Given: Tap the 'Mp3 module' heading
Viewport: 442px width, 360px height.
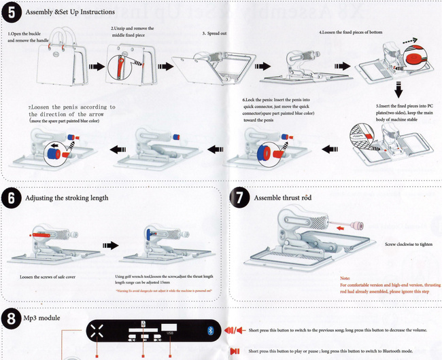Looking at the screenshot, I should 43,317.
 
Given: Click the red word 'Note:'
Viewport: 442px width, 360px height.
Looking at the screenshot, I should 345,278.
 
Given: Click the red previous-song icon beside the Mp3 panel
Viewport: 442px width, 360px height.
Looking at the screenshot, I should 234,330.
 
